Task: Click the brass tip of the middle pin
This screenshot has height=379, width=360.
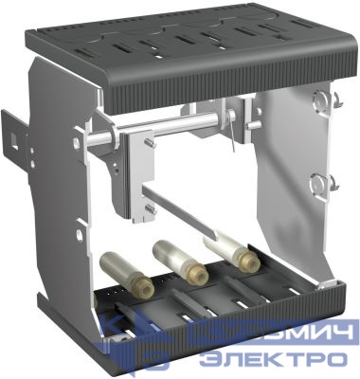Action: click(197, 274)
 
